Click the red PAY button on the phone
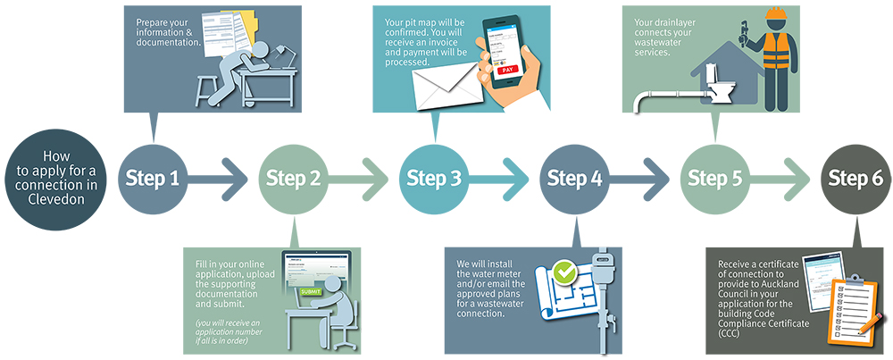click(x=508, y=69)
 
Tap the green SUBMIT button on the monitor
click(x=311, y=291)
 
